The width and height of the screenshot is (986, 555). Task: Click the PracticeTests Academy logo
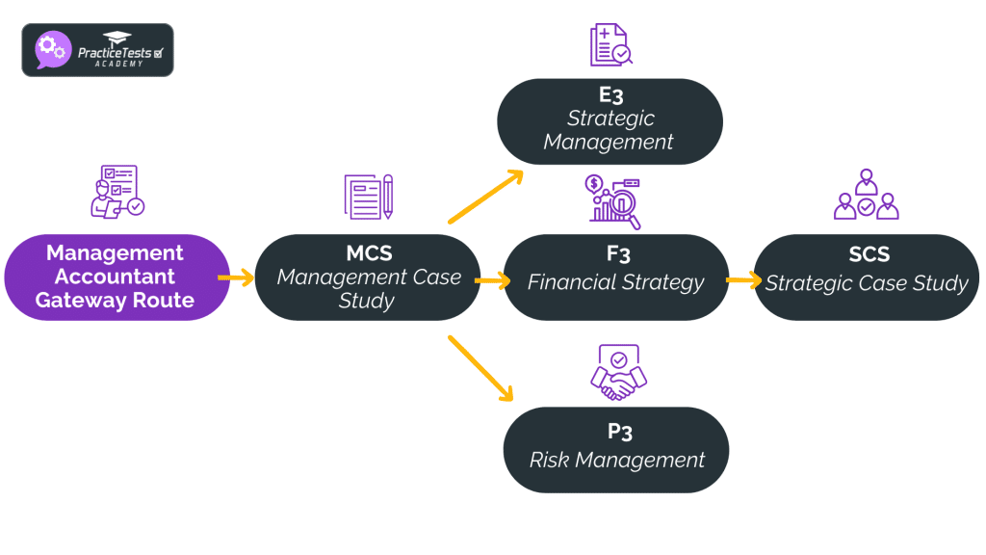click(97, 50)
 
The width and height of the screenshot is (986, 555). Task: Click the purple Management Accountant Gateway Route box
click(116, 277)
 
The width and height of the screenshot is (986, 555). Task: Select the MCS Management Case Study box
click(368, 277)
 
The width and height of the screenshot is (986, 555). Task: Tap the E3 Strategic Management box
click(610, 120)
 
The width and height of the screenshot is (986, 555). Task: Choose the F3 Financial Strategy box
click(616, 277)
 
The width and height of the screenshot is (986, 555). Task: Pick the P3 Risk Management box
click(616, 449)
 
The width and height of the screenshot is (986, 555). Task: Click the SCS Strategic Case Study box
click(867, 277)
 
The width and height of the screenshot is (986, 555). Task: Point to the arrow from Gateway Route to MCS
click(236, 277)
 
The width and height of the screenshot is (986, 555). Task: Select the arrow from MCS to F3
click(492, 281)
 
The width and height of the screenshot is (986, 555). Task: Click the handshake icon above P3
click(616, 373)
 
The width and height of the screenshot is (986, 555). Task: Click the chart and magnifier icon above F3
click(614, 201)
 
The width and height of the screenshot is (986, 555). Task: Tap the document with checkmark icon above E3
click(610, 45)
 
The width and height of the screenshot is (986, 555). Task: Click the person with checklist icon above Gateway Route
click(116, 192)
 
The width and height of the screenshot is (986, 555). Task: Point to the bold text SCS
click(869, 255)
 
